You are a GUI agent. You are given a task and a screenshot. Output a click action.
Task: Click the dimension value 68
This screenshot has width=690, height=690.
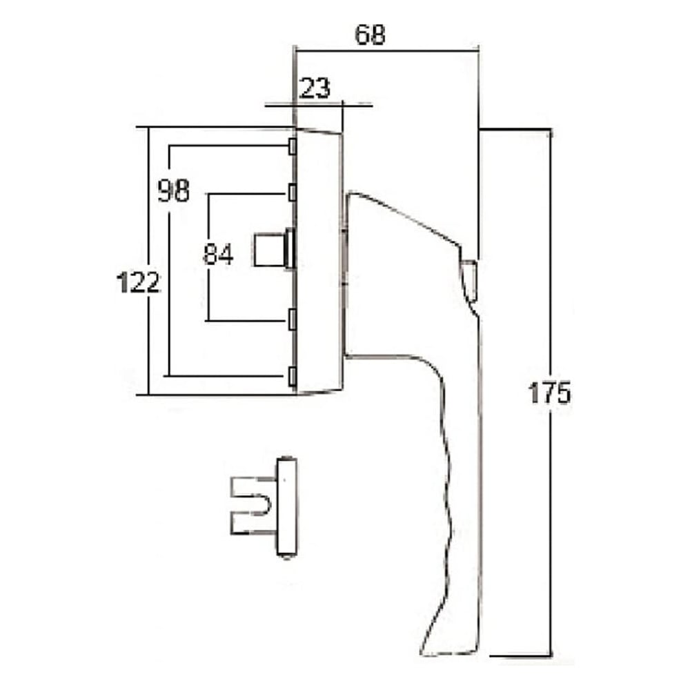pos(369,34)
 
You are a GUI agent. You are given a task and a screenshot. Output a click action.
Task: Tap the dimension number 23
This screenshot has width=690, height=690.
pos(315,88)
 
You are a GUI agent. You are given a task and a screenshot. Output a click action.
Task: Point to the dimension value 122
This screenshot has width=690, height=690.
pos(138,282)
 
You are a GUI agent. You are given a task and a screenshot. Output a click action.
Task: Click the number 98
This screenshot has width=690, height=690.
pos(173,190)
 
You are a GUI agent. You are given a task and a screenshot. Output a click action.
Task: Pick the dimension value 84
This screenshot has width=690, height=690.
pos(218,255)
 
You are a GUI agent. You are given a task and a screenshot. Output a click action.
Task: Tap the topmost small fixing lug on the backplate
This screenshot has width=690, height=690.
pos(292,146)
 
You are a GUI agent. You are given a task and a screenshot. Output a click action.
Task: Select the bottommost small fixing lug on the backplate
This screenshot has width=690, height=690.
pos(292,375)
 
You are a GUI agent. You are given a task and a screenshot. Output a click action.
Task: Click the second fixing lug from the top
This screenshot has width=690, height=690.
pos(292,191)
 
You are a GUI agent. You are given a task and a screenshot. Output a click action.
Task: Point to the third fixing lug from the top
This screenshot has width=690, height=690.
pos(292,318)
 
